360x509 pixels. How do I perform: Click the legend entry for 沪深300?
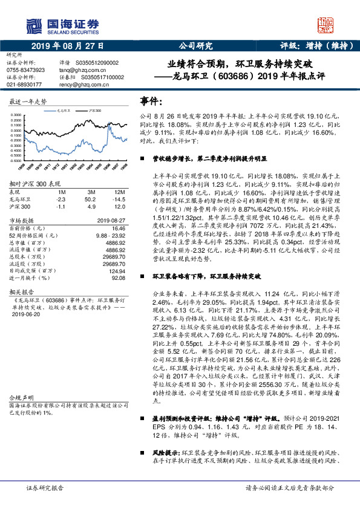coord(96,112)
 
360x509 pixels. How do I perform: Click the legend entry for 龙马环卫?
coord(65,112)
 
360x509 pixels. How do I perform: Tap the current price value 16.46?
coord(118,229)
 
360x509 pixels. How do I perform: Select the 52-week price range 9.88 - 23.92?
coord(110,236)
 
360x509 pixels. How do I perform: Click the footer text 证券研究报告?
coord(45,487)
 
